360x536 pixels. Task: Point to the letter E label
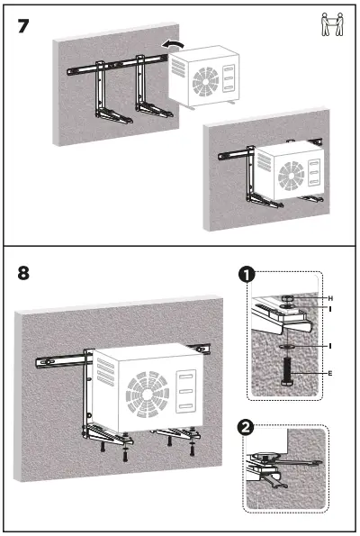[x=329, y=371]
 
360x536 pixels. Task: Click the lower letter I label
[x=329, y=345]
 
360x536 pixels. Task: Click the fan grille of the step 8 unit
[x=146, y=391]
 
